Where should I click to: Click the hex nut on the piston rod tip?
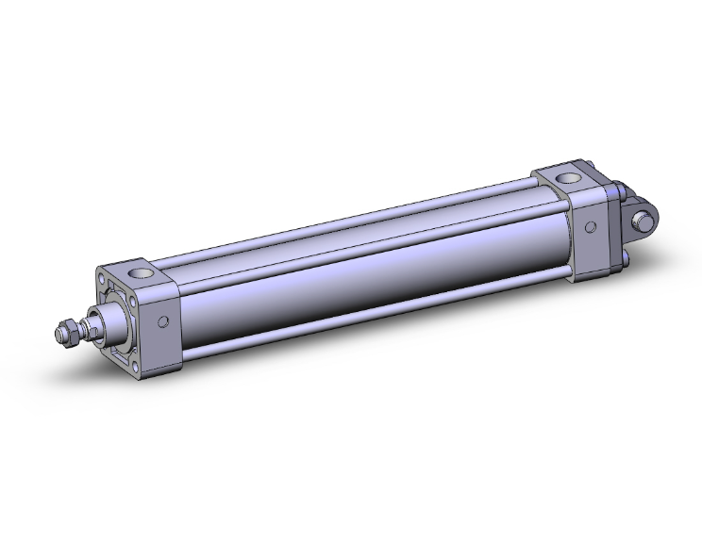point(63,332)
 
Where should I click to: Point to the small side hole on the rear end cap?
point(591,226)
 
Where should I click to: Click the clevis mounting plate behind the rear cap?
point(617,226)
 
